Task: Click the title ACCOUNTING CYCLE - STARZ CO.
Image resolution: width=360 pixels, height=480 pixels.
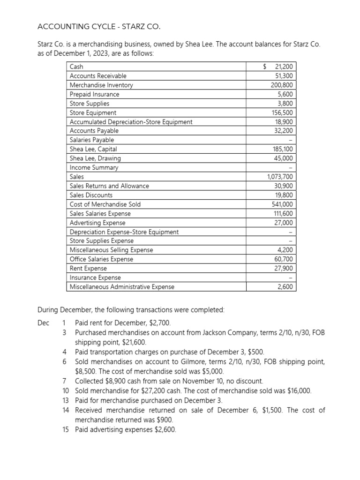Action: pyautogui.click(x=102, y=26)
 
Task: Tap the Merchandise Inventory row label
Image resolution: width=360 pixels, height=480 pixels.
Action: pyautogui.click(x=101, y=85)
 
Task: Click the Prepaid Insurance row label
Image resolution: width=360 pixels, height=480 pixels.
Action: pyautogui.click(x=95, y=94)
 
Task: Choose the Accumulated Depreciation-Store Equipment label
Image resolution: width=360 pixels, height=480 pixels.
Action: pyautogui.click(x=131, y=122)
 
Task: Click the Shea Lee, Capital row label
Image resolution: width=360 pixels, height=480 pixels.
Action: pyautogui.click(x=93, y=149)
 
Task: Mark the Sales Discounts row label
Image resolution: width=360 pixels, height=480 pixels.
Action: pyautogui.click(x=91, y=195)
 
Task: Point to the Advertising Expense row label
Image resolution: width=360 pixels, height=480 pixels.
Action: pyautogui.click(x=97, y=223)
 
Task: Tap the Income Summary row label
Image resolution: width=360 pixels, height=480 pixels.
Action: pyautogui.click(x=94, y=167)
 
